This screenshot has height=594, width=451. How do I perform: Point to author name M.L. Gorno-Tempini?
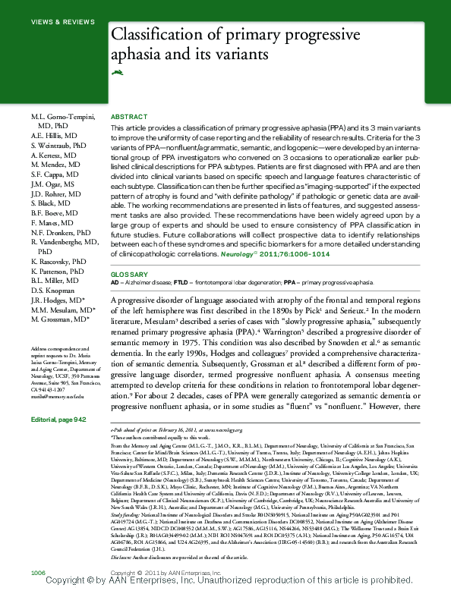(63, 115)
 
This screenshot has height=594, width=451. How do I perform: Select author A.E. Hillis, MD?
(54, 134)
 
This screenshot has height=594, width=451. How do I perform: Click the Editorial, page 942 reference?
(58, 420)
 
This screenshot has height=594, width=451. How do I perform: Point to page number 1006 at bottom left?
(39, 570)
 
